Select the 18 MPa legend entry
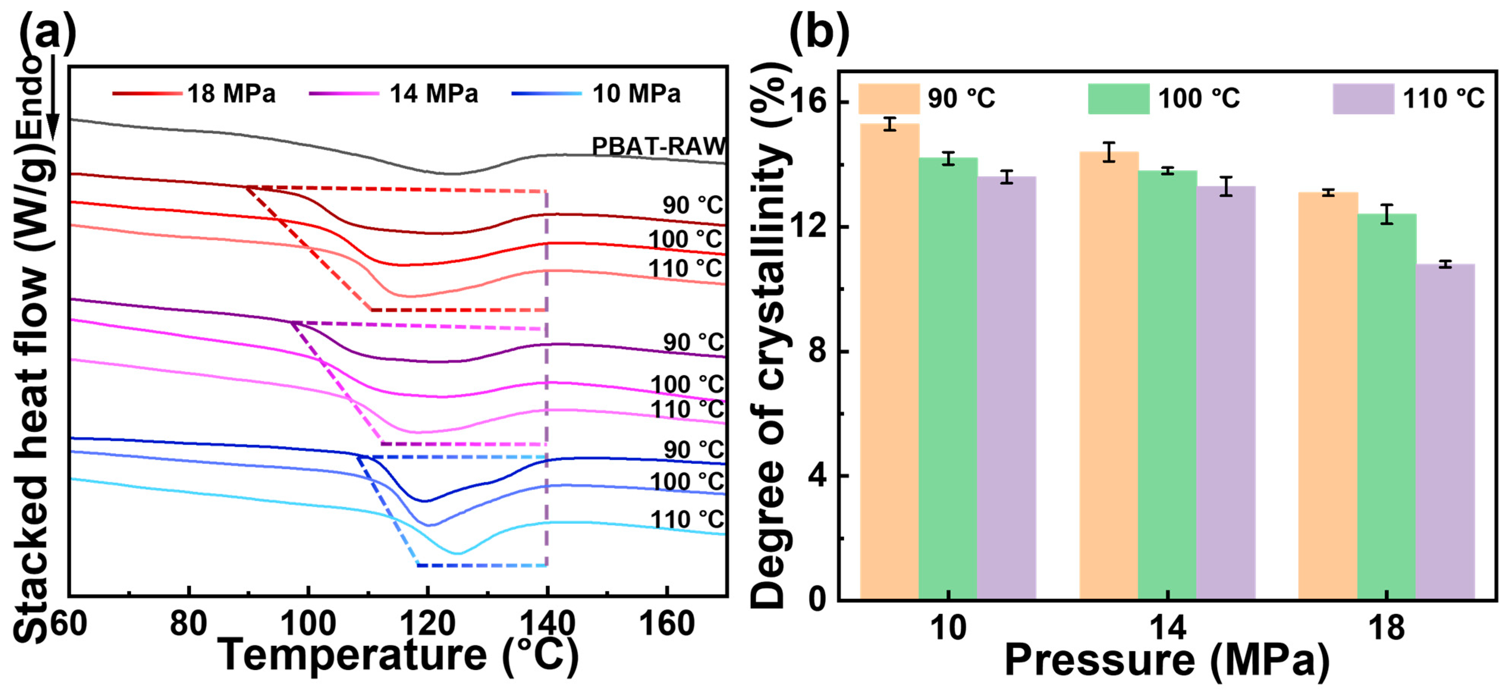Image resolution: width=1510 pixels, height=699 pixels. pyautogui.click(x=193, y=94)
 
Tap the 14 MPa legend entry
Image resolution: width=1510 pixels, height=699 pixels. pyautogui.click(x=393, y=94)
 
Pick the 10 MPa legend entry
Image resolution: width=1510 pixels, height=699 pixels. pyautogui.click(x=596, y=94)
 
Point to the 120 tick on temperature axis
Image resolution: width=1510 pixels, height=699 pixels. pyautogui.click(x=427, y=624)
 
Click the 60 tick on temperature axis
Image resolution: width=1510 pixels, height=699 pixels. pyautogui.click(x=69, y=624)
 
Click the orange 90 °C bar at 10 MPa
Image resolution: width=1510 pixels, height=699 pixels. pyautogui.click(x=889, y=363)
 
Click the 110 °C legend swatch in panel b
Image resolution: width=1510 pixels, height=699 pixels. pyautogui.click(x=1363, y=99)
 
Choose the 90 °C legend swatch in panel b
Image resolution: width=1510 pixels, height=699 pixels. pyautogui.click(x=888, y=99)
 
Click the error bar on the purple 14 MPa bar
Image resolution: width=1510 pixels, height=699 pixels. pyautogui.click(x=1226, y=187)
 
